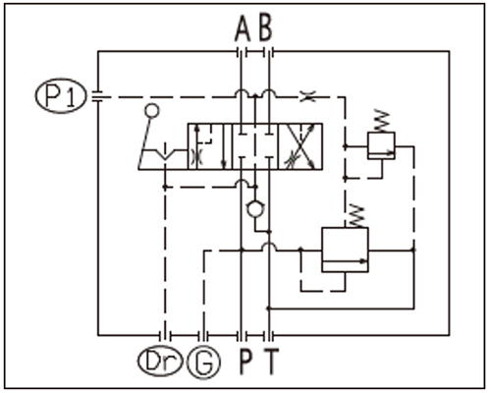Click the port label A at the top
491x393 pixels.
pyautogui.click(x=243, y=28)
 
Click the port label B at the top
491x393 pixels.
pyautogui.click(x=265, y=28)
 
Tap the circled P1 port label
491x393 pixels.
pyautogui.click(x=61, y=95)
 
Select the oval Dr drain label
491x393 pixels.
pyautogui.click(x=160, y=362)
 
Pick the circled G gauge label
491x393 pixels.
pyautogui.click(x=203, y=363)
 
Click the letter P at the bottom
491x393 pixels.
pyautogui.click(x=245, y=362)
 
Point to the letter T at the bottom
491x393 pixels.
pyautogui.click(x=271, y=362)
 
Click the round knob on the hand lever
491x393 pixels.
pyautogui.click(x=152, y=111)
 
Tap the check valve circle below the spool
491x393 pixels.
pyautogui.click(x=255, y=209)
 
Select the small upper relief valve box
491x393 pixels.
pyautogui.click(x=381, y=145)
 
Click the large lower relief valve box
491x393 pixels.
pyautogui.click(x=345, y=250)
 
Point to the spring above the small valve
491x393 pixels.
pyautogui.click(x=382, y=121)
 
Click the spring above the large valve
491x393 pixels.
pyautogui.click(x=357, y=216)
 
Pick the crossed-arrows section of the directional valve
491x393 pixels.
pyautogui.click(x=300, y=146)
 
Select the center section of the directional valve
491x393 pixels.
pyautogui.click(x=255, y=146)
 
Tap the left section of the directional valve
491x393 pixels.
pyautogui.click(x=210, y=146)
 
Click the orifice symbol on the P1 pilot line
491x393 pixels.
pyautogui.click(x=308, y=97)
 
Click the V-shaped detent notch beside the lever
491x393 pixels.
pyautogui.click(x=166, y=154)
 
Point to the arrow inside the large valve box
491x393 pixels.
pyautogui.click(x=345, y=261)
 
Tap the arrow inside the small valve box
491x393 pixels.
pyautogui.click(x=381, y=152)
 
